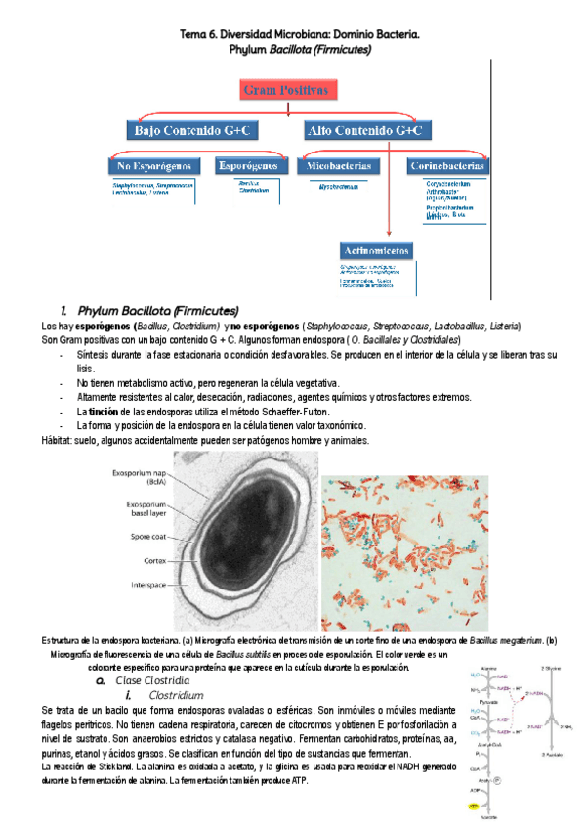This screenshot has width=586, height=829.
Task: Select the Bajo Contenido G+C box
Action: pyautogui.click(x=192, y=130)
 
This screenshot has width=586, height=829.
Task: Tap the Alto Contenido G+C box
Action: pyautogui.click(x=364, y=130)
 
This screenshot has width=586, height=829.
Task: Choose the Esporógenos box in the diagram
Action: pyautogui.click(x=251, y=166)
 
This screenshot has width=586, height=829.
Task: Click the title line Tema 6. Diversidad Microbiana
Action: pyautogui.click(x=299, y=34)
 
